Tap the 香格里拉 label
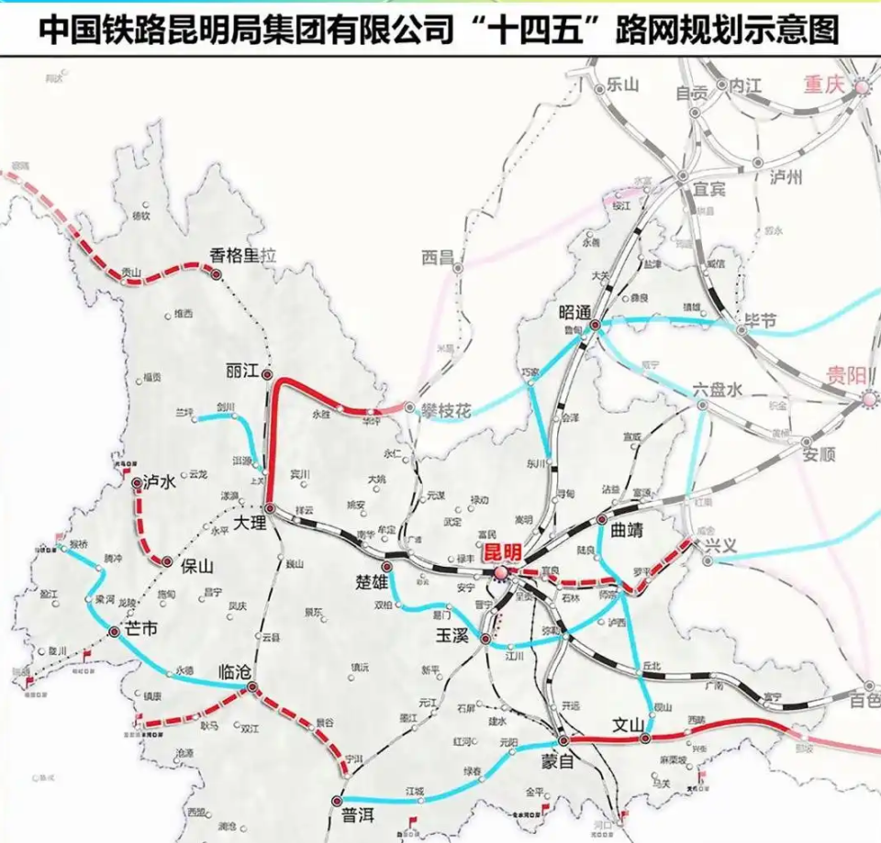coord(243,256)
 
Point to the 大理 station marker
coord(270,508)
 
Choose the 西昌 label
coord(439,259)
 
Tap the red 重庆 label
coord(823,83)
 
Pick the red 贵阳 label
coord(845,374)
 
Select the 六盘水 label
coord(717,389)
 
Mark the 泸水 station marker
coord(136,483)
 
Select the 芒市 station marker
coord(115,632)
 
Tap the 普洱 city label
coord(359,815)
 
